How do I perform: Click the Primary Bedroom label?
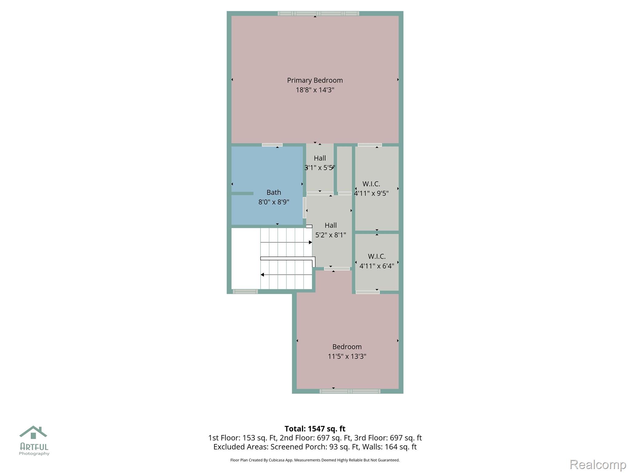[315, 80]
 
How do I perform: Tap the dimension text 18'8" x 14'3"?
[315, 90]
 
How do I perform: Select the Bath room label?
[274, 192]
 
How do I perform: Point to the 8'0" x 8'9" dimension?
[274, 202]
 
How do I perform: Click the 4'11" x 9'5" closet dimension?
[371, 193]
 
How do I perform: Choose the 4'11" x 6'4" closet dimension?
[377, 266]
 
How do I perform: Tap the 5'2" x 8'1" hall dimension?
[331, 235]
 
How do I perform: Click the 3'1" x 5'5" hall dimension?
[320, 168]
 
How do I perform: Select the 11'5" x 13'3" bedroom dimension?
[347, 356]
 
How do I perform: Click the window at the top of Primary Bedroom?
[318, 14]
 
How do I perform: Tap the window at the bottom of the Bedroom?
[350, 391]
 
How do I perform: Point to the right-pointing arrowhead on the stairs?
[310, 242]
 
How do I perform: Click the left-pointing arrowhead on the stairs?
[262, 275]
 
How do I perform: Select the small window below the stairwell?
[245, 292]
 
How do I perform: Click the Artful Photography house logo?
[33, 433]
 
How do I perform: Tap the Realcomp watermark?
[598, 465]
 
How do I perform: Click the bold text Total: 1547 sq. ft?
[315, 429]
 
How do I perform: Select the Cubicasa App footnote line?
[315, 460]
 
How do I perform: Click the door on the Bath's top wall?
[272, 145]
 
